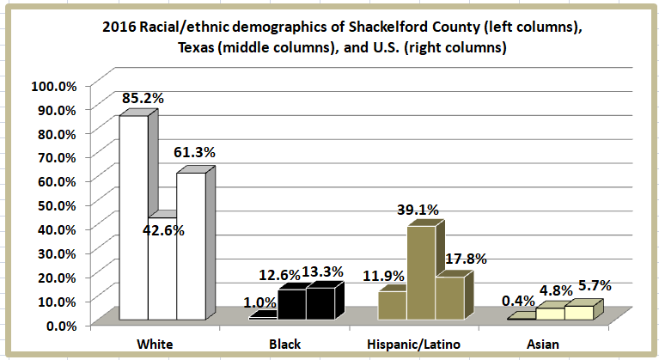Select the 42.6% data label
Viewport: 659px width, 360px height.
tap(163, 229)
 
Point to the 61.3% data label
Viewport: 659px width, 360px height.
tap(194, 152)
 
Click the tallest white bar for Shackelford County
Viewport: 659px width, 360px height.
tap(133, 219)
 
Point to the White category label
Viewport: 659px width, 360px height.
tap(156, 344)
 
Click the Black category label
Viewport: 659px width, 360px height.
tap(284, 344)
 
